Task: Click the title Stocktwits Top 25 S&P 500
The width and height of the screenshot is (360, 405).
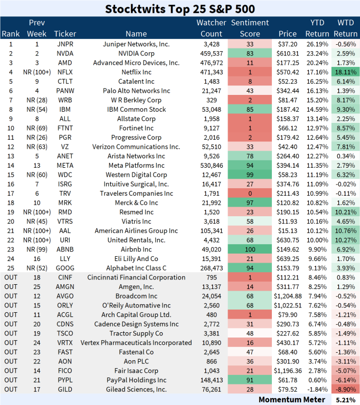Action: click(180, 9)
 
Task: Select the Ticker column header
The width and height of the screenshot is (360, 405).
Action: click(65, 34)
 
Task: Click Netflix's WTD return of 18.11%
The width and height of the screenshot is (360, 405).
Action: click(346, 72)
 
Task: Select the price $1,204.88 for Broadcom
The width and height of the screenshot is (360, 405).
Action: click(287, 296)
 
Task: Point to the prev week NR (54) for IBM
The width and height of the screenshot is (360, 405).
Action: click(36, 110)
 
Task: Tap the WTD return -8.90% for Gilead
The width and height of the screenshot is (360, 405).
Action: click(346, 390)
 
